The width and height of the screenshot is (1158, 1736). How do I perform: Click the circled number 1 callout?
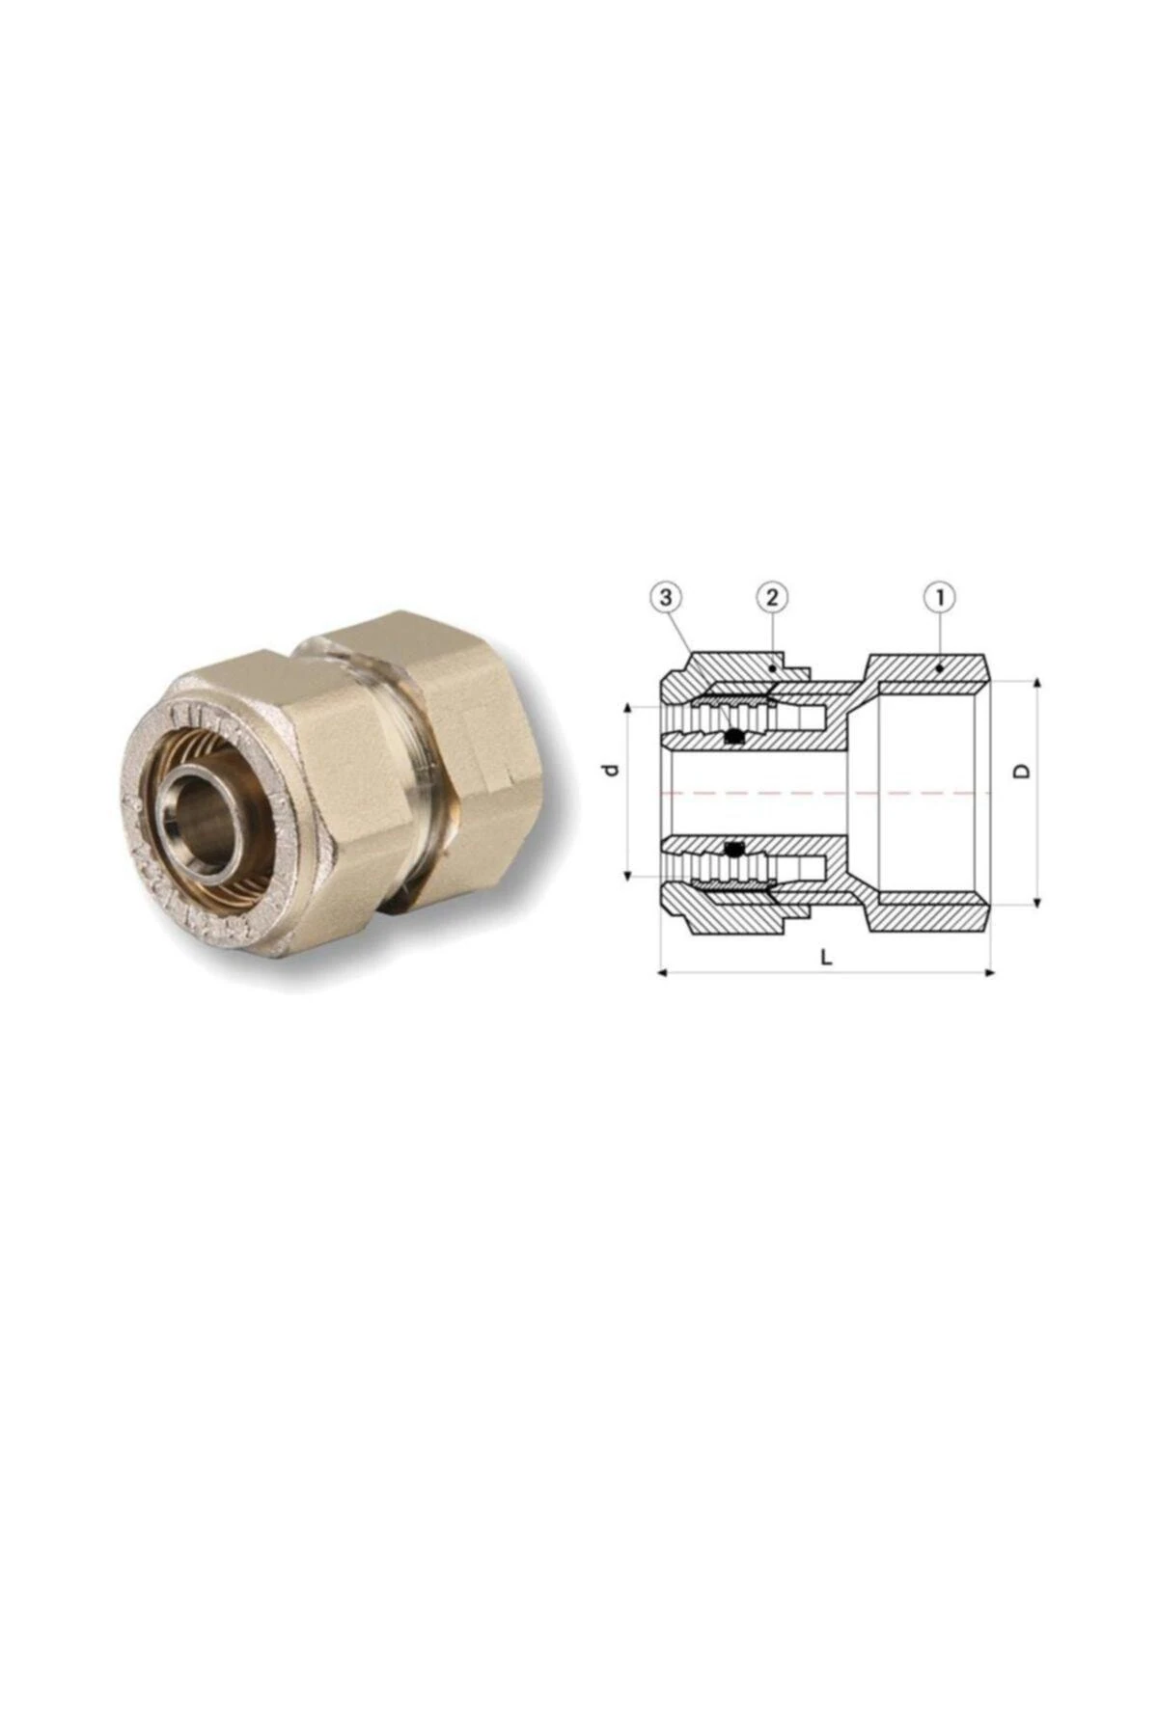coord(938,598)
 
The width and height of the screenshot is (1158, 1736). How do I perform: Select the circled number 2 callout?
coord(772,598)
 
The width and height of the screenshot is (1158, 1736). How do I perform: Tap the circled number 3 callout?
coord(666,598)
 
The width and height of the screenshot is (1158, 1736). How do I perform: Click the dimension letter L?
coord(826,957)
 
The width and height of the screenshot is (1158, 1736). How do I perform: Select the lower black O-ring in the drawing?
coord(734,851)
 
